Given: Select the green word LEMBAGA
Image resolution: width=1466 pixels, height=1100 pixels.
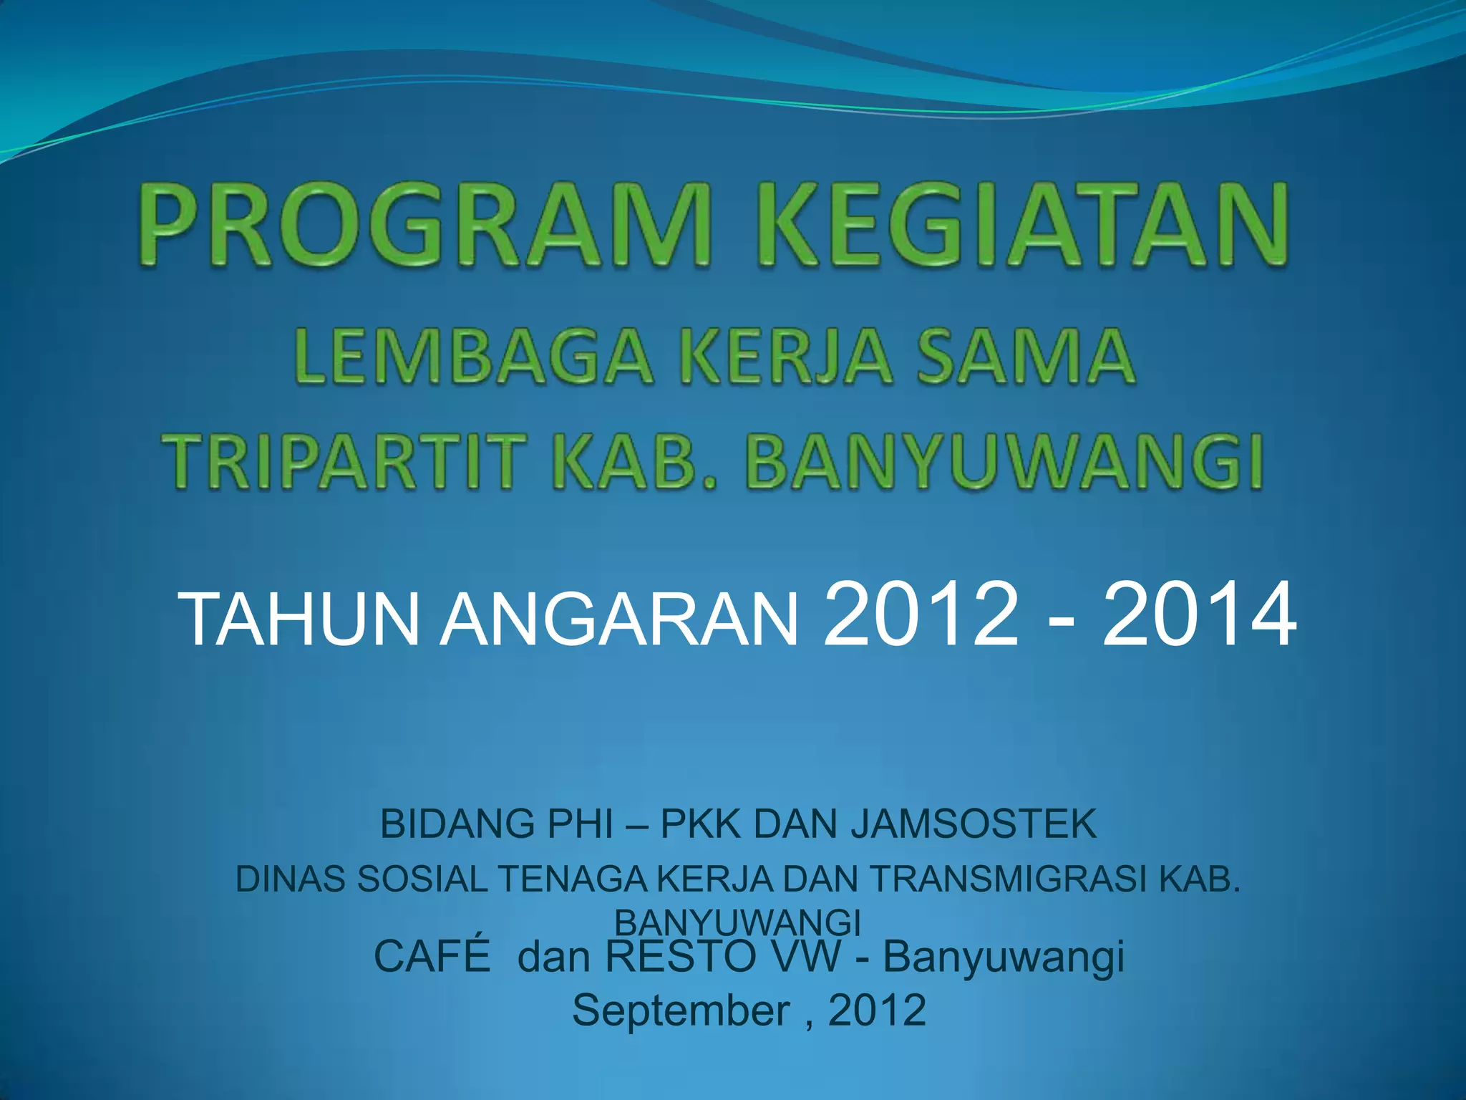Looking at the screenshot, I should coord(472,356).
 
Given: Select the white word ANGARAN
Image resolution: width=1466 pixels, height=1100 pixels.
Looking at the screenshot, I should coord(618,620).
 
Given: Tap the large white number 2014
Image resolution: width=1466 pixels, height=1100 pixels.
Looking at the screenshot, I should coord(1198,614).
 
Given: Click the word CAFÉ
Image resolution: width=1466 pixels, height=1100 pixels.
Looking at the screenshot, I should coord(432,956).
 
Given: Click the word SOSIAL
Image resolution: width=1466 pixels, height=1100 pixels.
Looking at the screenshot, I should coord(422,879).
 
